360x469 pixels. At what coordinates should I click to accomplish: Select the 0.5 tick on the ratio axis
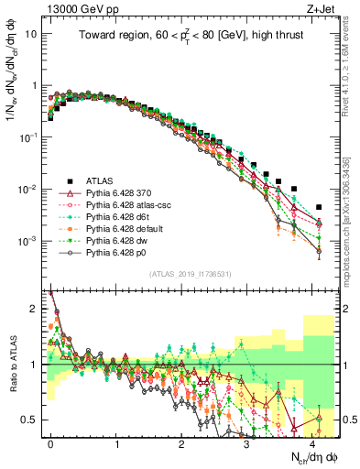(32, 420)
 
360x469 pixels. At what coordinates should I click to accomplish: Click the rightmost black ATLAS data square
(319, 207)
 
